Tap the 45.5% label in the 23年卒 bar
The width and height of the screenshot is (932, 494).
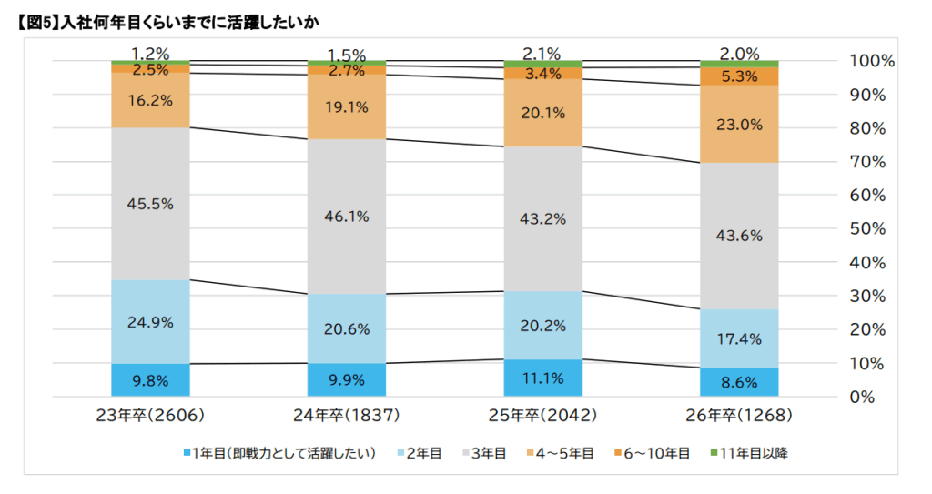pyautogui.click(x=150, y=204)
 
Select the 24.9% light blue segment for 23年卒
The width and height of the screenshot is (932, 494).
pyautogui.click(x=150, y=321)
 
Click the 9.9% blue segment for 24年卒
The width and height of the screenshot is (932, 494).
pyautogui.click(x=348, y=379)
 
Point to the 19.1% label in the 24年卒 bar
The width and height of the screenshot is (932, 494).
pyautogui.click(x=348, y=107)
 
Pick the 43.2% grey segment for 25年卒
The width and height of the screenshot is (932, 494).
pyautogui.click(x=544, y=218)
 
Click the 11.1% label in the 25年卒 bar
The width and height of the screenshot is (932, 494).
pyautogui.click(x=544, y=378)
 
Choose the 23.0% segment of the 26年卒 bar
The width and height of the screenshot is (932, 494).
pyautogui.click(x=741, y=125)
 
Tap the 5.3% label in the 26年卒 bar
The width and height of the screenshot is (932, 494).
pyautogui.click(x=741, y=76)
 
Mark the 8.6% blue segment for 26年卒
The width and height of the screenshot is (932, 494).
pyautogui.click(x=741, y=382)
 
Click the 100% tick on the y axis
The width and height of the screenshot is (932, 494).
pyautogui.click(x=872, y=61)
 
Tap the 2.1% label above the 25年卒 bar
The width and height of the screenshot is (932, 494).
pyautogui.click(x=544, y=54)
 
